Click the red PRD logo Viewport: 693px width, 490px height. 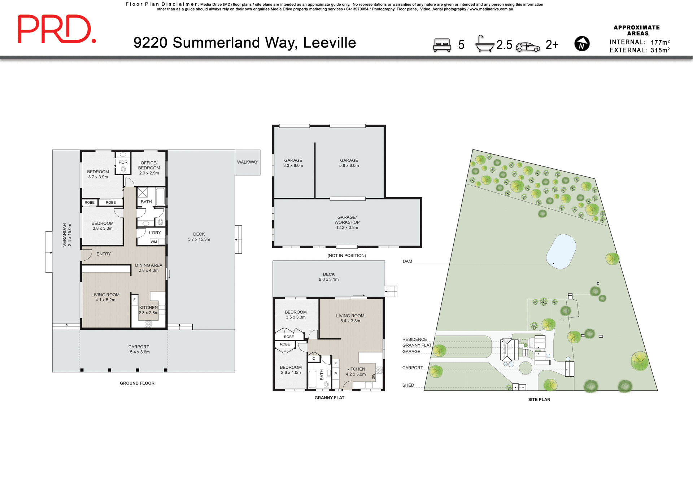[57, 29]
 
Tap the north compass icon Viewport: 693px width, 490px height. [582, 44]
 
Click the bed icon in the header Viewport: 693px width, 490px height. [442, 45]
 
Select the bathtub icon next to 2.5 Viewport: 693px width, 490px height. [484, 44]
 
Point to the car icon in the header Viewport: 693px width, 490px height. [528, 47]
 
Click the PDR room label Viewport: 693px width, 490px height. [123, 162]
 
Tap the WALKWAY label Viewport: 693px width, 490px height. [247, 162]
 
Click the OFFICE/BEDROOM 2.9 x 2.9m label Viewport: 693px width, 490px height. [149, 168]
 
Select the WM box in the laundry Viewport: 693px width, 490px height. [154, 242]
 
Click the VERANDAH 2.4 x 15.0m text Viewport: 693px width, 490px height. [67, 235]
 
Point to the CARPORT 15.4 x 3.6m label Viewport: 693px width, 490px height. [139, 349]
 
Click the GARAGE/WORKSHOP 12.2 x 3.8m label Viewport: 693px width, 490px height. [347, 222]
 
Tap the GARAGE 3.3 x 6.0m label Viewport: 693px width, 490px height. [293, 163]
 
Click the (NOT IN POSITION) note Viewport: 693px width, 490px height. [346, 256]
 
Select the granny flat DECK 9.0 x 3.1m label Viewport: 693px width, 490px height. [328, 277]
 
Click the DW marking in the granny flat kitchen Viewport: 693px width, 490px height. [373, 377]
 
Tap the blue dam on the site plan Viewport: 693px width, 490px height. [561, 251]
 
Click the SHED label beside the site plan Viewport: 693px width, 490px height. [408, 385]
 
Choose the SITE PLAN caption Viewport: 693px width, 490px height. [539, 400]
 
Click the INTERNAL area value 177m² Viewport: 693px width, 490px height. [660, 42]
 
